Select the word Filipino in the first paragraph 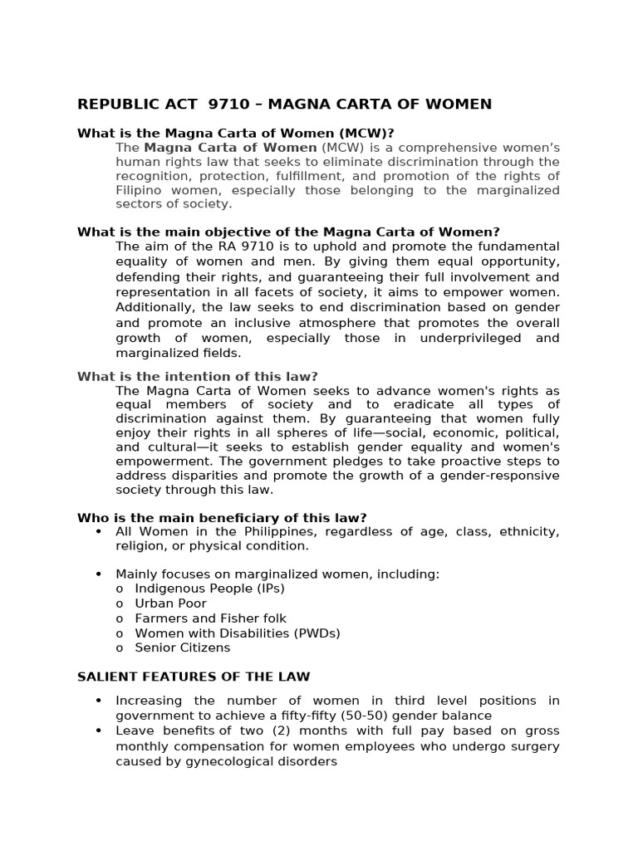(141, 190)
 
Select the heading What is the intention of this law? (198, 376)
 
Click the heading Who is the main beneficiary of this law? (222, 518)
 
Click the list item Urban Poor (171, 603)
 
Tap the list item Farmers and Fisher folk (210, 618)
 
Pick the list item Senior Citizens (183, 648)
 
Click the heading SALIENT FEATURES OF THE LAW (194, 677)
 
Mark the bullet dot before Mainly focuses (99, 574)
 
